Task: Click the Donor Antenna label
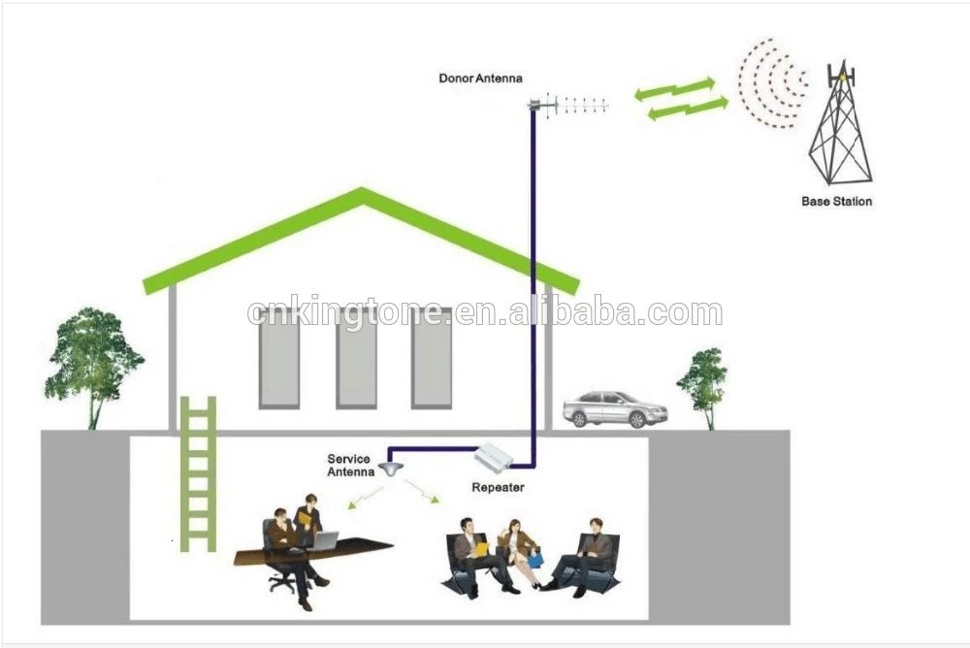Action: [480, 78]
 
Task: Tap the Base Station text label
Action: [836, 202]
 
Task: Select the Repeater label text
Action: [498, 487]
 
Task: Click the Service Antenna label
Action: [350, 466]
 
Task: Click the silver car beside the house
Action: [615, 408]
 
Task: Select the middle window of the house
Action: [356, 359]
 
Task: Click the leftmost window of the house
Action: [278, 359]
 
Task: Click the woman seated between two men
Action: [516, 550]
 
